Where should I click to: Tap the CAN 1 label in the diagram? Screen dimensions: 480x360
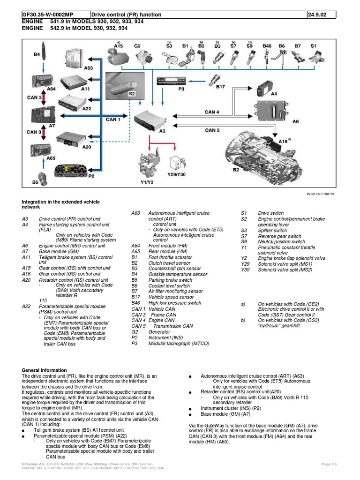(x=113, y=120)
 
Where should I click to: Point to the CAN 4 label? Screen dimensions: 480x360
(x=212, y=112)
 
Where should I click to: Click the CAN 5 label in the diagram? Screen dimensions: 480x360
(x=212, y=130)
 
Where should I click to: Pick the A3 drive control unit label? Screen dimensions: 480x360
(x=162, y=131)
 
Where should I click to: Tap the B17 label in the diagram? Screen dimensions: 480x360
(x=221, y=87)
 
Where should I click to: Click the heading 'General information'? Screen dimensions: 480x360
(x=45, y=370)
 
